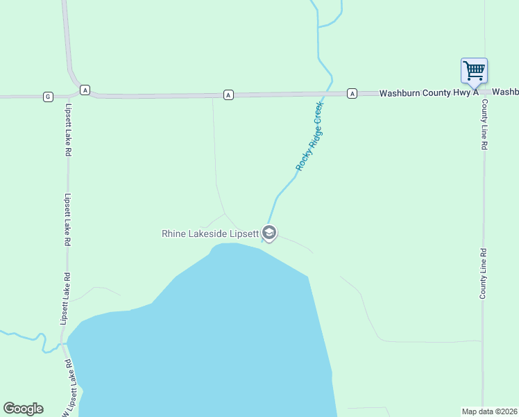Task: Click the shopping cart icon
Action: [x=474, y=69]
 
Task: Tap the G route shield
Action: [x=48, y=96]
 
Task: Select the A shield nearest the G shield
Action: [x=85, y=90]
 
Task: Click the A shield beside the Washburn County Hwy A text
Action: [x=352, y=93]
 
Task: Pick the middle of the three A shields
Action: [x=228, y=94]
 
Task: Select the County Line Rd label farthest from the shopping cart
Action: [x=483, y=274]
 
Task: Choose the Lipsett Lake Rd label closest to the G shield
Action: [x=68, y=129]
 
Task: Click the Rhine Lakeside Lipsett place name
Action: [x=210, y=234]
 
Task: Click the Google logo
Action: [x=24, y=409]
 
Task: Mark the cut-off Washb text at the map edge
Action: [x=505, y=92]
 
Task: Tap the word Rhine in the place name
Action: [x=173, y=234]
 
